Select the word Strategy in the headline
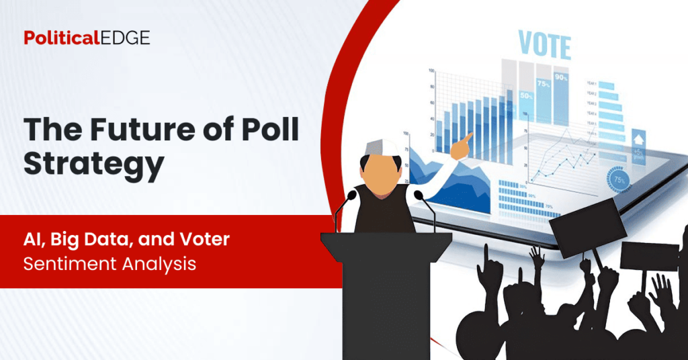(94, 165)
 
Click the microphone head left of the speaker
(351, 195)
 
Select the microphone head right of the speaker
(418, 195)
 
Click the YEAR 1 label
(591, 84)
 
